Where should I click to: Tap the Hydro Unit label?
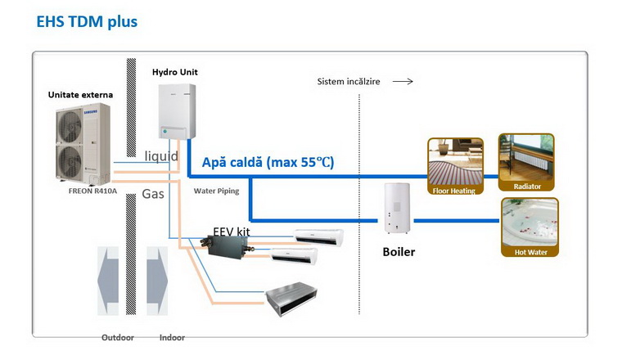[174, 72]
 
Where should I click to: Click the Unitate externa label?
[80, 95]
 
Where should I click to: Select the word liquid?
[161, 155]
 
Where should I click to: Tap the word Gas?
[153, 195]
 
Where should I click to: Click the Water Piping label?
[216, 191]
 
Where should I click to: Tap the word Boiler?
[399, 252]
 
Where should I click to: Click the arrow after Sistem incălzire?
[403, 82]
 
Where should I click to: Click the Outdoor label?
[117, 337]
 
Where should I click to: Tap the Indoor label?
[172, 337]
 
